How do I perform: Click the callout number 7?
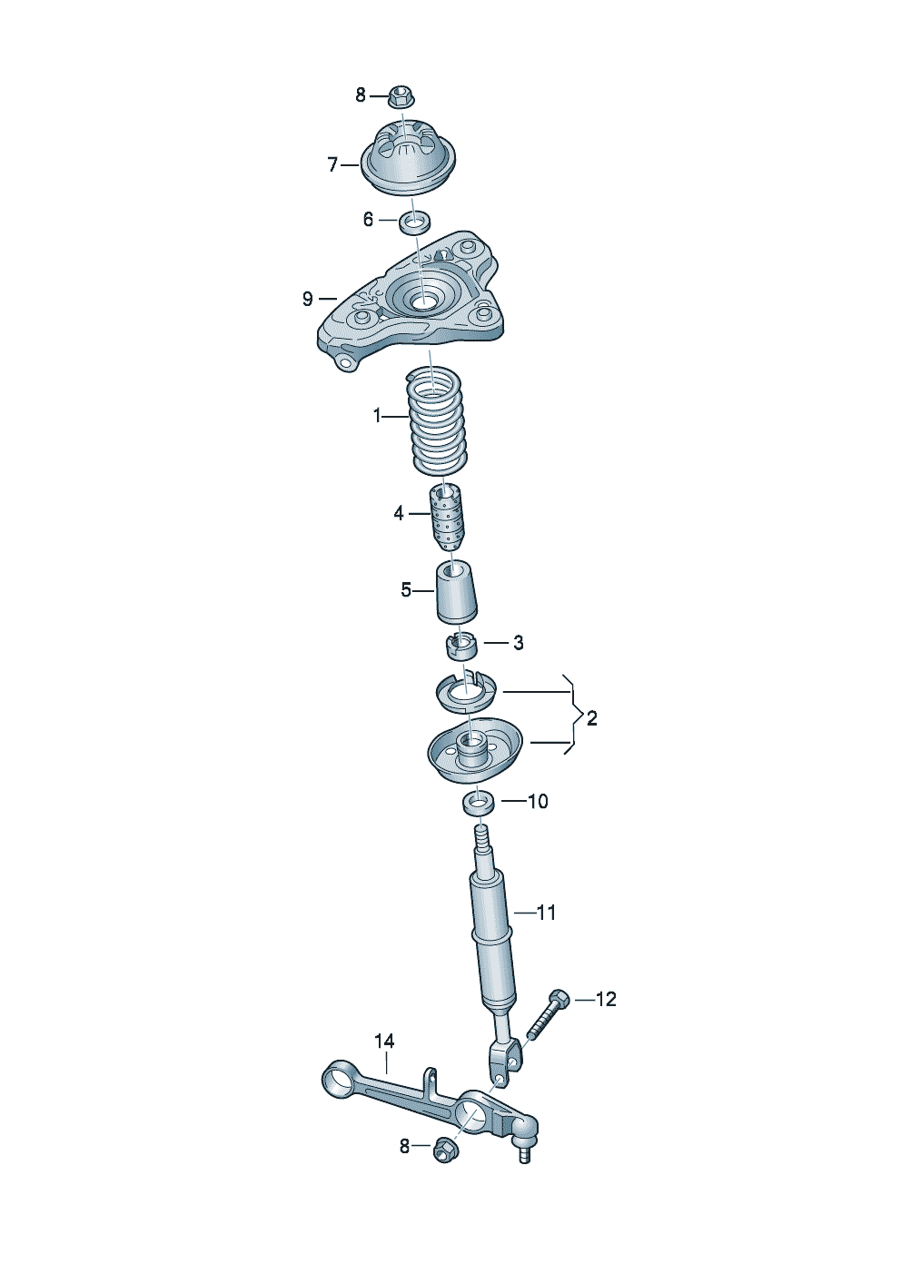pos(332,165)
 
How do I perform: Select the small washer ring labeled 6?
pos(414,222)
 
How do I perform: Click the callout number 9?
pos(308,299)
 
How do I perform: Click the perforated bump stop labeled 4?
pos(447,517)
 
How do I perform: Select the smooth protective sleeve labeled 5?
pos(456,592)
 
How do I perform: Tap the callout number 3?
pos(518,643)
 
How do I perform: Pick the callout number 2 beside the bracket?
pos(591,718)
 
